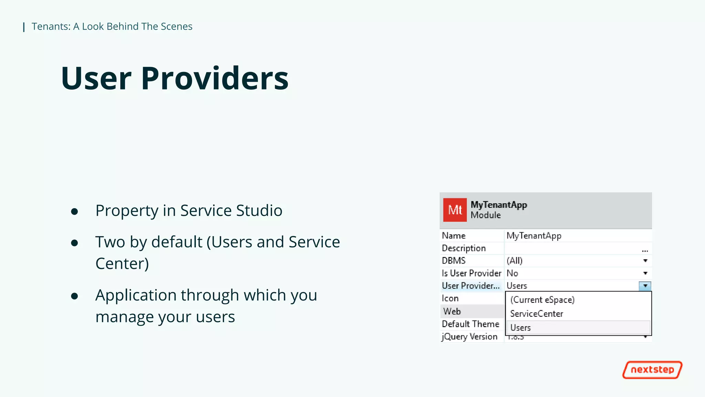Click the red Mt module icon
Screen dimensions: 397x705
[x=455, y=210]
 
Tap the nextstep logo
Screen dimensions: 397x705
[x=652, y=370]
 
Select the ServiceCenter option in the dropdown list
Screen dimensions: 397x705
[x=536, y=314]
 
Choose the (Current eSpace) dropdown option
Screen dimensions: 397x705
[x=542, y=299]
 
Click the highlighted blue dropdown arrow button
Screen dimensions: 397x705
[x=645, y=286]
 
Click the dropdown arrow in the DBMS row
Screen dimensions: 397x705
[x=645, y=261]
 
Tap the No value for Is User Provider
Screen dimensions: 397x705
[x=512, y=273]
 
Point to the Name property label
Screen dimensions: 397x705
[x=453, y=236]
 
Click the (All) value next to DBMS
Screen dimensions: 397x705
[x=514, y=261]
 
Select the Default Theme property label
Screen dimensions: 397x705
[x=470, y=324]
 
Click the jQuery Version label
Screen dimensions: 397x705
[x=470, y=336]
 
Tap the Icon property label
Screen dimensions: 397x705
[x=450, y=298]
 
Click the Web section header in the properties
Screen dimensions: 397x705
[x=452, y=311]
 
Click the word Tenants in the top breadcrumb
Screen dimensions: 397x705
[x=51, y=27]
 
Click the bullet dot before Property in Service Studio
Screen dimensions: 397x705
[x=74, y=211]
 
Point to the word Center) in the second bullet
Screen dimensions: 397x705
[x=122, y=264]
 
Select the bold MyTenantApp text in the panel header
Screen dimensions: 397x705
[x=498, y=205]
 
